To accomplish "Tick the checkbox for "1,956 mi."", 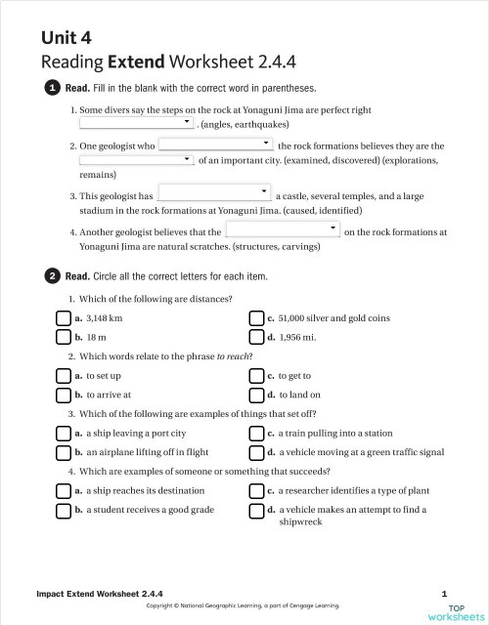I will pyautogui.click(x=257, y=338).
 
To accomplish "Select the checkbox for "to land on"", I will pyautogui.click(x=257, y=396).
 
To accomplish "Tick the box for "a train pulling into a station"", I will pyautogui.click(x=257, y=434).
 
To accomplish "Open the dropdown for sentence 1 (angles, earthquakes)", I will pyautogui.click(x=137, y=125).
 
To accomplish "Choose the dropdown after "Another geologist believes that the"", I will pyautogui.click(x=282, y=230).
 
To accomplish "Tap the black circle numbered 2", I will pyautogui.click(x=53, y=275).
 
